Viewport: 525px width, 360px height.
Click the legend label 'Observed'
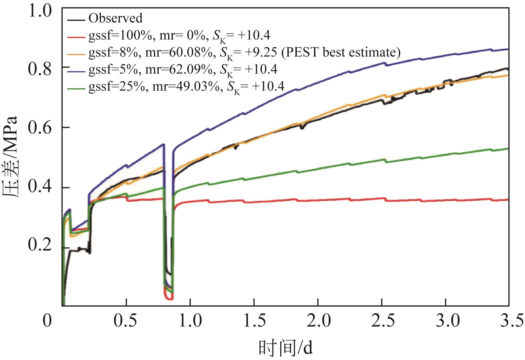coord(115,18)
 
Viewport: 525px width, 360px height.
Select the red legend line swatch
coord(76,37)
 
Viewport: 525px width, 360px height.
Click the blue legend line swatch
coord(76,71)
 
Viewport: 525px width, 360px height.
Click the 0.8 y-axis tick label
coord(39,68)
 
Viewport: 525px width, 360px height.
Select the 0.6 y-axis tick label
coord(39,128)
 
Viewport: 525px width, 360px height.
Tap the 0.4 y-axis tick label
coord(39,187)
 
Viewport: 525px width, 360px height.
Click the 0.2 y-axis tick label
coord(39,247)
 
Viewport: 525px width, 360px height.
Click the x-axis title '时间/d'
coord(286,347)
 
